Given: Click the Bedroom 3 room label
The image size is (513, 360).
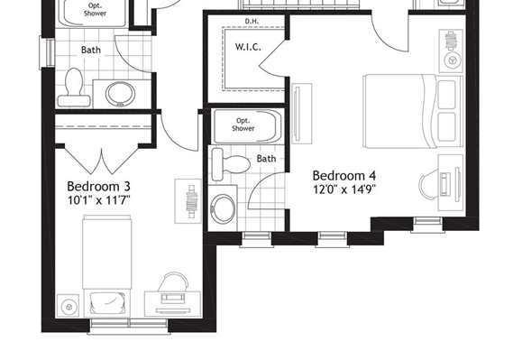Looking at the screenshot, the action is point(98,186).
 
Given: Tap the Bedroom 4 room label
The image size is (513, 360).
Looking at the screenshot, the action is point(344,175).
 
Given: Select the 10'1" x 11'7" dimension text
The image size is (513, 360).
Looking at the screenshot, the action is point(99,200).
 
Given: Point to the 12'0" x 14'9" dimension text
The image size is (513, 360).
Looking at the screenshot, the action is point(344,189).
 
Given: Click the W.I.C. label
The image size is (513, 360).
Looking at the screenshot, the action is point(248,47).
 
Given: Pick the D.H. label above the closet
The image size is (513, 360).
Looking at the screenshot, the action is point(252,22).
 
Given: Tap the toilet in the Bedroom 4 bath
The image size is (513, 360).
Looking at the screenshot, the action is point(231,164).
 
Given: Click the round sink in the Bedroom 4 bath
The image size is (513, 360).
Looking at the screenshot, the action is point(223,208).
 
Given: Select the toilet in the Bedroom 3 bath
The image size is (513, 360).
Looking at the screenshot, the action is point(74,88).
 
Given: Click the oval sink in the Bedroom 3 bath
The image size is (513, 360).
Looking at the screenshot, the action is point(121,94).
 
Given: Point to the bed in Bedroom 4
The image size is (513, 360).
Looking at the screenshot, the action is point(413,111).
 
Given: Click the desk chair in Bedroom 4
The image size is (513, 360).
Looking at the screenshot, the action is point(429,184).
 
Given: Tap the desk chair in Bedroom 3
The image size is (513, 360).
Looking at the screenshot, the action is point(173,282).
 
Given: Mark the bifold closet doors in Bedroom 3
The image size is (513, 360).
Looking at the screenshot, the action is point(102,161).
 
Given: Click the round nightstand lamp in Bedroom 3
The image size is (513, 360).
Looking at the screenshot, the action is point(69,307).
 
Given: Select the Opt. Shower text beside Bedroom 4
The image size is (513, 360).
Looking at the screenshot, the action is point(243,125).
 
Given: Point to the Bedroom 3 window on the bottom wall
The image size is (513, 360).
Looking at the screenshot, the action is point(129,326).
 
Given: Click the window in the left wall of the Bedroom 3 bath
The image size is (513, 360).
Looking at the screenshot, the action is point(47,52).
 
